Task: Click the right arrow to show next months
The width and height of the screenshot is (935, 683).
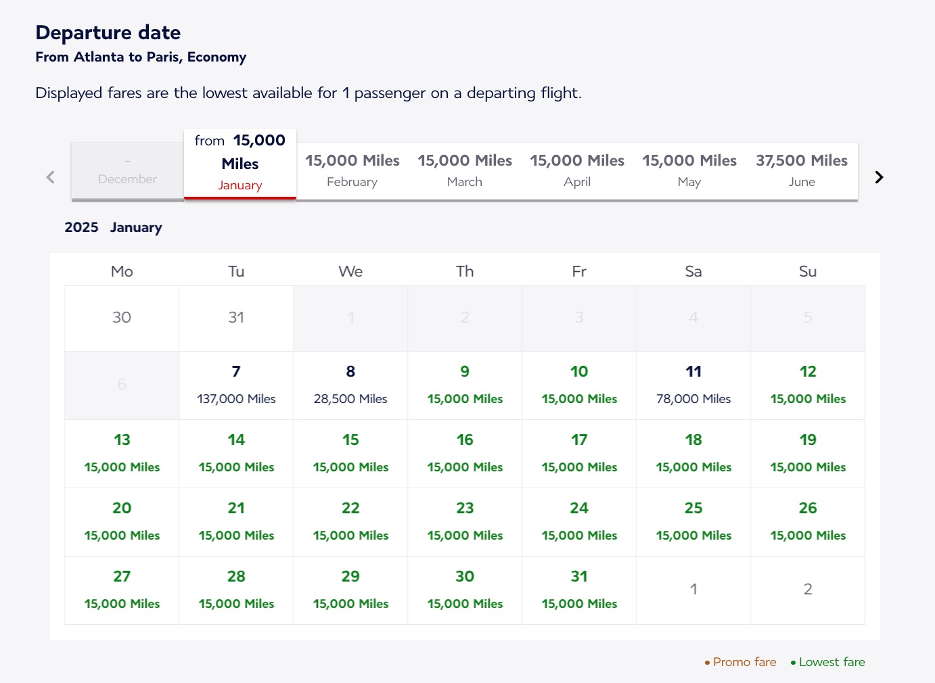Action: coord(879,177)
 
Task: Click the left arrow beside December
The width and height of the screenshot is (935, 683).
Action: coord(50,177)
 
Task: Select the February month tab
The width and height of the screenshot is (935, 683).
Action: coord(352,171)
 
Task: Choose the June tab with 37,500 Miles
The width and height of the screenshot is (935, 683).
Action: coord(801,171)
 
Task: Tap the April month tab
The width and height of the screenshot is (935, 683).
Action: coord(576,171)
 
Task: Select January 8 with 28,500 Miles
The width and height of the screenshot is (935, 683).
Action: coord(350,385)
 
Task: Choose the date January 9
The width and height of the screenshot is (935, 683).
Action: coord(465,385)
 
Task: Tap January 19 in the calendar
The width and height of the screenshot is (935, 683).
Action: coord(808,454)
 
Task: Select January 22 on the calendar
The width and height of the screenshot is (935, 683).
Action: coord(350,522)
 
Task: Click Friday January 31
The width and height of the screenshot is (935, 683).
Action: coord(579,590)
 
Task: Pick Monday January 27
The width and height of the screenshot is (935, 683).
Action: coord(122,590)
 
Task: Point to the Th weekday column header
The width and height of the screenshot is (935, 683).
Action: coord(465,271)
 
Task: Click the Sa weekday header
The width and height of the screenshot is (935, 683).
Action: coord(693,271)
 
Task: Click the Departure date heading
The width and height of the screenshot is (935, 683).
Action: coord(108,32)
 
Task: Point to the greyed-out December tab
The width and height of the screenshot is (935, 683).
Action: coord(127,172)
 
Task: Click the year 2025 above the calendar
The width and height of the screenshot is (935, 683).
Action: coord(81,227)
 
